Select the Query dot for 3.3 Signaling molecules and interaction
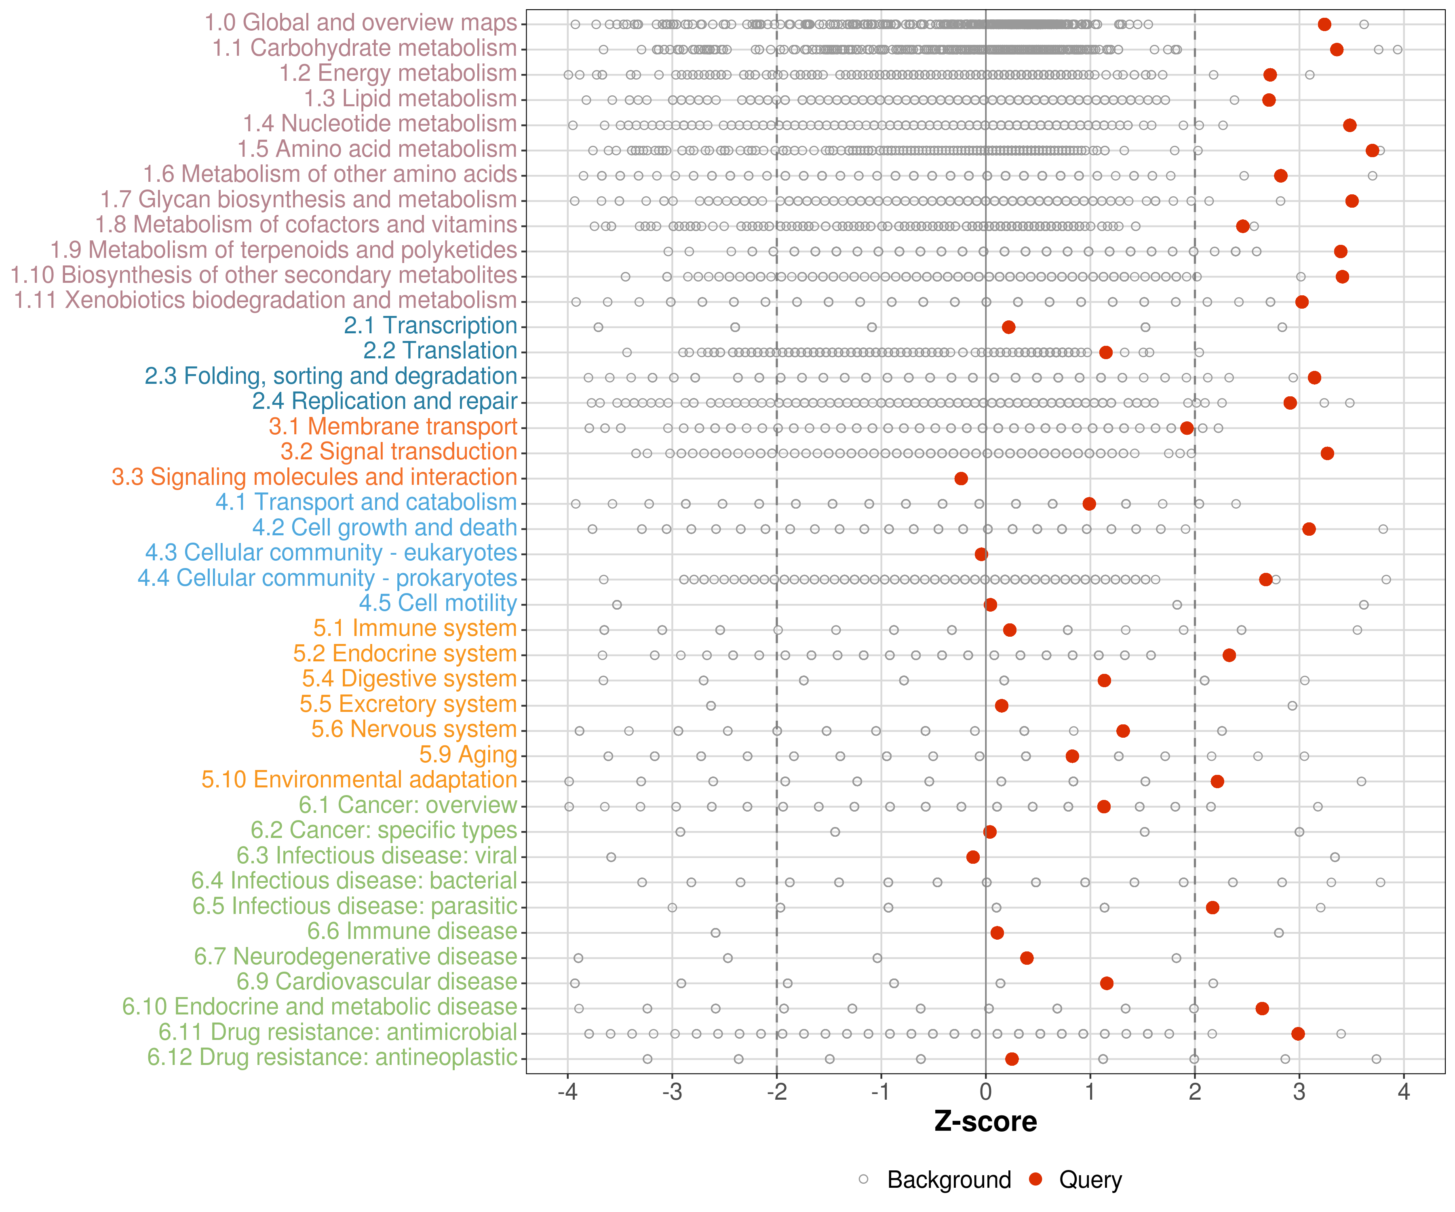click(961, 479)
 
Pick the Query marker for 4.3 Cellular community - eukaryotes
click(981, 554)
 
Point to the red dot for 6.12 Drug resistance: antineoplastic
click(1012, 1059)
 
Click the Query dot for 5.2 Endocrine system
click(1229, 655)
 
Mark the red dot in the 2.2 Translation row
click(1106, 353)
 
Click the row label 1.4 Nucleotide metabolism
click(380, 124)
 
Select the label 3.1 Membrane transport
click(393, 427)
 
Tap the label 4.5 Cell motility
click(438, 603)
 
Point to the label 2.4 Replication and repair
click(384, 402)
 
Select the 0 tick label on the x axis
click(985, 1092)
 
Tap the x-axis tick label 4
click(1404, 1092)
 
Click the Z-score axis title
click(985, 1122)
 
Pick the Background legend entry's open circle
click(863, 1179)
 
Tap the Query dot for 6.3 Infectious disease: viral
click(973, 857)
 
